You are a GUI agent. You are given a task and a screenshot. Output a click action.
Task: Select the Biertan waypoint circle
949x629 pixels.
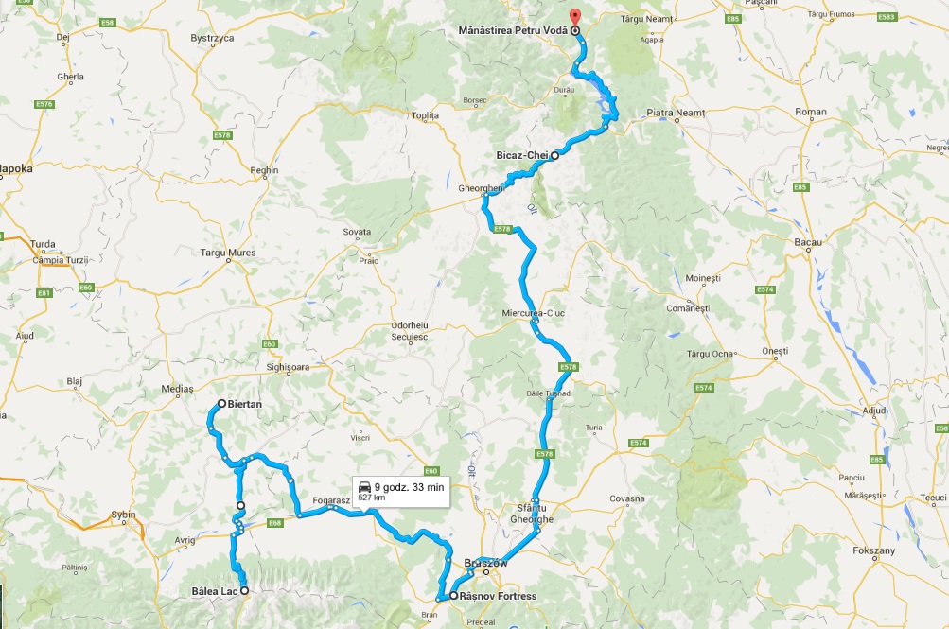[221, 404]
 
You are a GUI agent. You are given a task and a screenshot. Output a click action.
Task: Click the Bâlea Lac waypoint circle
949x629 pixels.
[244, 591]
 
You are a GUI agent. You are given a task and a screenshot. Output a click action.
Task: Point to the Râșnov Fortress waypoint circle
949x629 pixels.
[454, 596]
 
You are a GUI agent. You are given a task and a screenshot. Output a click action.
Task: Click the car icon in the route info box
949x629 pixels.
[364, 487]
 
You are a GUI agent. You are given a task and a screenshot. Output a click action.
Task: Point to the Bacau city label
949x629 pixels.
[806, 242]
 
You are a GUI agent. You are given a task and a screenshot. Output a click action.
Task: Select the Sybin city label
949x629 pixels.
[124, 515]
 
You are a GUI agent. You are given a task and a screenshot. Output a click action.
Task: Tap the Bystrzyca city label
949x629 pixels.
[212, 39]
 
